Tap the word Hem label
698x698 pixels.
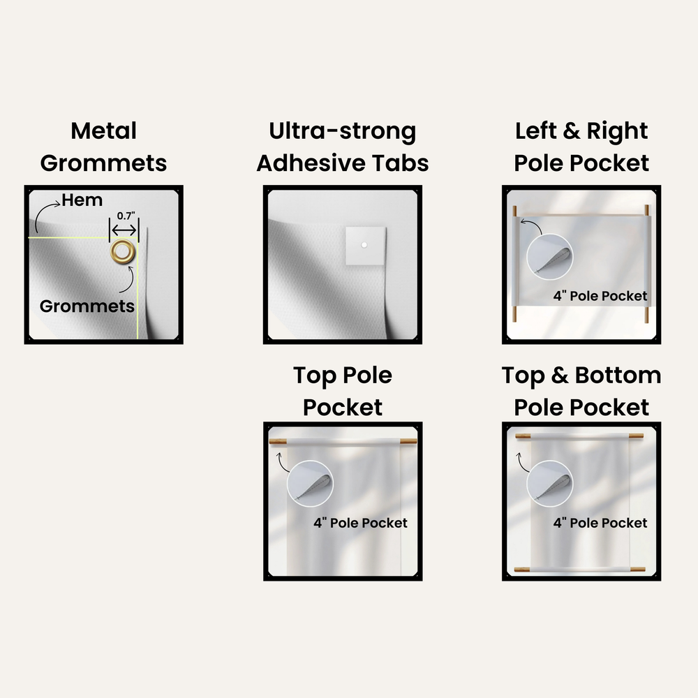point(82,200)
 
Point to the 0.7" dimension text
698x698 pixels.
point(126,216)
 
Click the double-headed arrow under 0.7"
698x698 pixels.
point(124,230)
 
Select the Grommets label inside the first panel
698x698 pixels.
point(87,306)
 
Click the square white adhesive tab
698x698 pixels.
point(366,246)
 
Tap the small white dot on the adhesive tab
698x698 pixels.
point(364,245)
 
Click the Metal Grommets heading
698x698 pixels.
point(103,147)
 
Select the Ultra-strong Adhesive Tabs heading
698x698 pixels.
point(342,147)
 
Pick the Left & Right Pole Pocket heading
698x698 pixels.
point(581,147)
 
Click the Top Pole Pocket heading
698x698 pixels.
point(342,391)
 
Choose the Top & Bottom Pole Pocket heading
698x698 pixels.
point(581,391)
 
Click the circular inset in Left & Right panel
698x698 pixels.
point(549,257)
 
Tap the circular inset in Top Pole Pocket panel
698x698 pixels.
point(311,484)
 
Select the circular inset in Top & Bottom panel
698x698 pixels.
point(549,484)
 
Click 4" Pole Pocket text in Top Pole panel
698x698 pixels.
point(360,523)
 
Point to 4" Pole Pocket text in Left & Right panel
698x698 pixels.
point(600,296)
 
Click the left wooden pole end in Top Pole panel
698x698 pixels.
point(278,442)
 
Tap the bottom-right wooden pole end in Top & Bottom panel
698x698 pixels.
point(637,570)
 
